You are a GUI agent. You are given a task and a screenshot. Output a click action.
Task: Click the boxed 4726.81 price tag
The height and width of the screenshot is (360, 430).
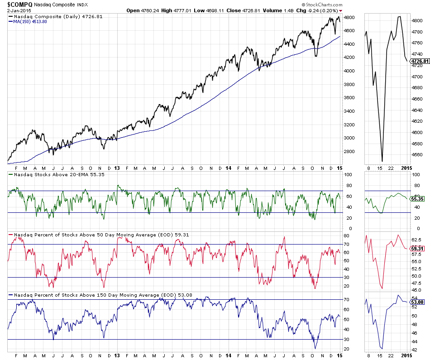pos(418,61)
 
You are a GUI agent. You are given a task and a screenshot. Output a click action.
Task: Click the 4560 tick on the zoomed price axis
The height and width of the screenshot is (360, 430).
pos(417,155)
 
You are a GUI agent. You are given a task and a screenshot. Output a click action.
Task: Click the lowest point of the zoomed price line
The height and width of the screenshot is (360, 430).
pos(382,161)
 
